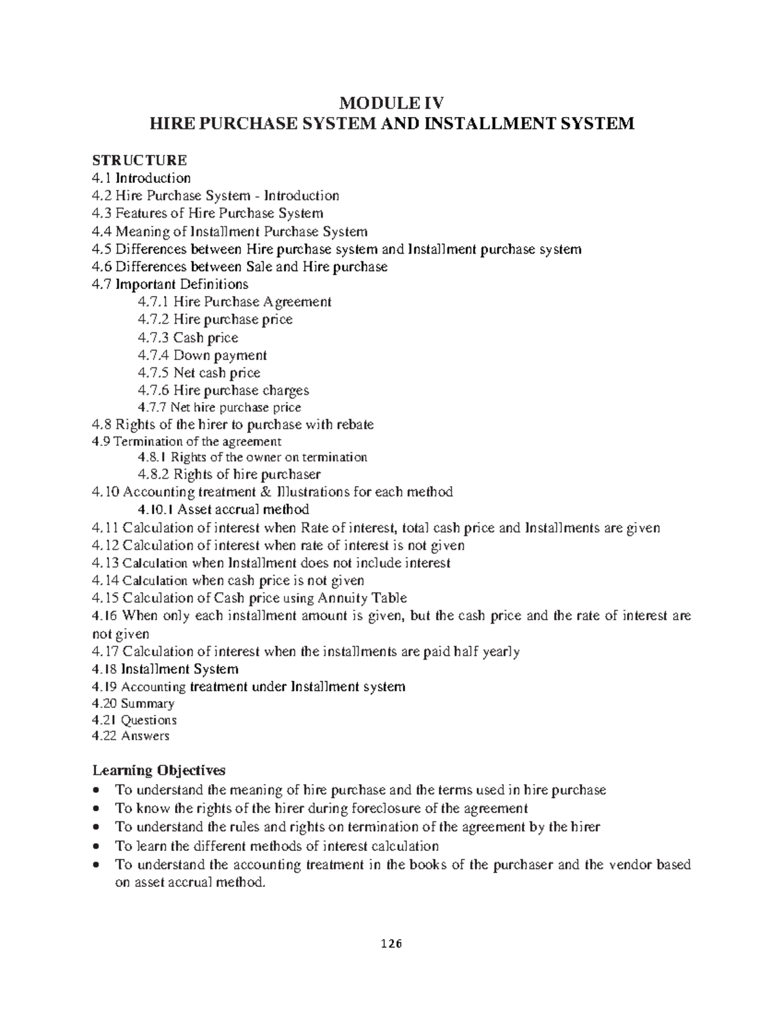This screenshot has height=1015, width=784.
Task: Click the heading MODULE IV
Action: (392, 103)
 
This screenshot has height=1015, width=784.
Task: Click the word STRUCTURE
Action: (140, 160)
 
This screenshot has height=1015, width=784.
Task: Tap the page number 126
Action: (392, 943)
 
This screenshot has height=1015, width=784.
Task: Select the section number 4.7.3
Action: (154, 338)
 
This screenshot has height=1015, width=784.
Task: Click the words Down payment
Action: (220, 356)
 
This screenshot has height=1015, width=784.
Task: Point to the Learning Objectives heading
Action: (159, 770)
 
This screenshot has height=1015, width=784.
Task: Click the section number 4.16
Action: (105, 616)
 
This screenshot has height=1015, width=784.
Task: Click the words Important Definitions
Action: (182, 284)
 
